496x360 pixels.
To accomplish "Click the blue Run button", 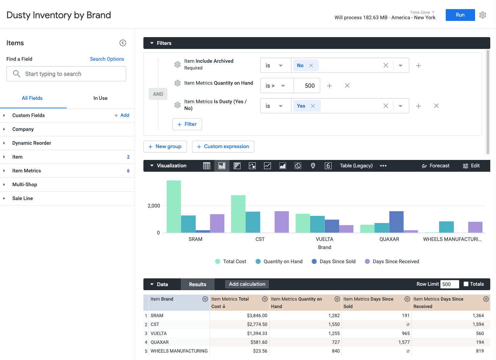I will [x=460, y=15].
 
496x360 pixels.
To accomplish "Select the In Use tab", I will [x=100, y=98].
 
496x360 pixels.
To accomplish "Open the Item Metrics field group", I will [x=27, y=171].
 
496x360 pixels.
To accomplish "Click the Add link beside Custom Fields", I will [x=122, y=115].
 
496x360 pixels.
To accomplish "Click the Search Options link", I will [x=107, y=59].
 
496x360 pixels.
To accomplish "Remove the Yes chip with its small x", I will [x=313, y=106].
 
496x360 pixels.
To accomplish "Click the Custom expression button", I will [x=223, y=146].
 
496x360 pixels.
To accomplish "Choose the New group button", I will [x=165, y=146].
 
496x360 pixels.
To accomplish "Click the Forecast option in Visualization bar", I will [x=435, y=166].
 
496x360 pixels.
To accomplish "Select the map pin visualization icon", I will [x=313, y=166].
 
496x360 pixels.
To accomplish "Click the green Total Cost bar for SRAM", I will [x=173, y=206].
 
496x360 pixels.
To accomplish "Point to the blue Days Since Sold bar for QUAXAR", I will [x=396, y=222].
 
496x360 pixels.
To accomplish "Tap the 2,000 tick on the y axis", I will [x=154, y=206].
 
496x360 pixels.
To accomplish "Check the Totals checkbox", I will [x=466, y=284].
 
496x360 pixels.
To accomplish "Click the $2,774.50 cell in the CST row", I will [x=257, y=325].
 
